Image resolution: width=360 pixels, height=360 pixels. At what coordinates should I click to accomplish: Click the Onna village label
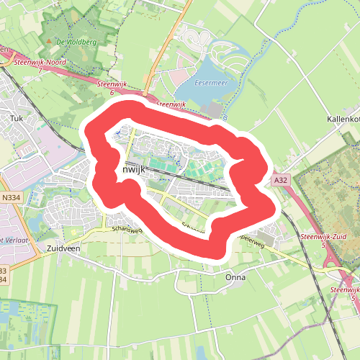[x=235, y=277]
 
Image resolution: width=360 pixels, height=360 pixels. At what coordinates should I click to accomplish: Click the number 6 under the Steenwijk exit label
[x=112, y=92]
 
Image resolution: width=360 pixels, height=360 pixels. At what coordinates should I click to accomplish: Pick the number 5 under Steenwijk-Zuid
[x=323, y=246]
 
